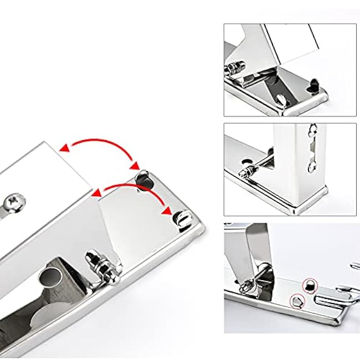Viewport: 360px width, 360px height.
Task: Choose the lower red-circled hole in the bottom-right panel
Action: click(298, 301)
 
